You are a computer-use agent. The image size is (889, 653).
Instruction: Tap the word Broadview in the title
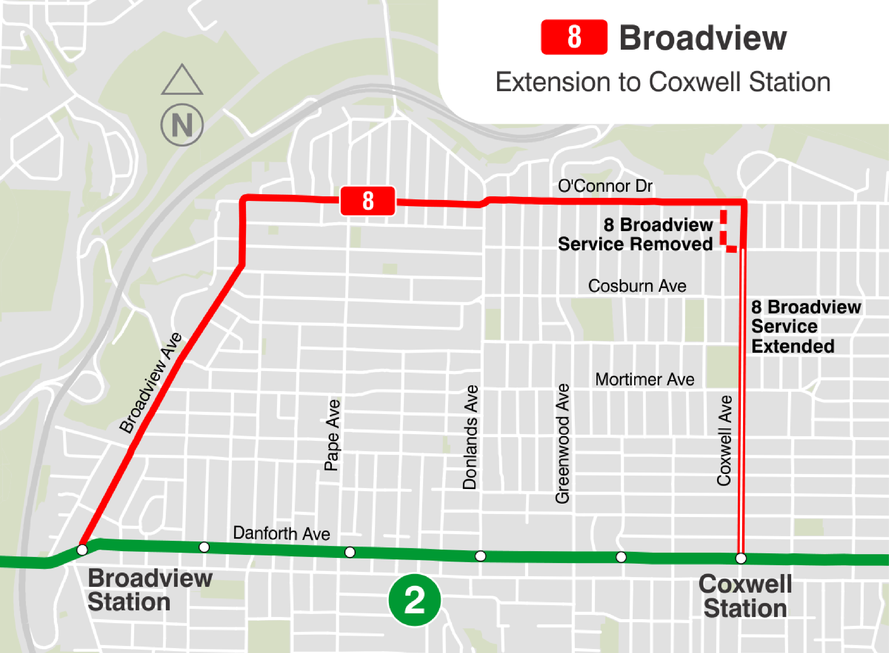point(702,38)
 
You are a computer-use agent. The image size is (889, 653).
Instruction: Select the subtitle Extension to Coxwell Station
point(663,82)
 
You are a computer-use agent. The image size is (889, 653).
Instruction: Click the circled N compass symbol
point(182,125)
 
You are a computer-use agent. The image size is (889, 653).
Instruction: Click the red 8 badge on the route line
point(368,201)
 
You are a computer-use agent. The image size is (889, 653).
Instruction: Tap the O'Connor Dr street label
point(605,186)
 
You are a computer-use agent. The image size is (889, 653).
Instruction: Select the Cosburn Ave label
point(637,286)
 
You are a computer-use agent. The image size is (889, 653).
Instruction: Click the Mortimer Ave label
point(645,380)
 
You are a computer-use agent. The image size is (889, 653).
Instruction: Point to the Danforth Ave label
point(281,533)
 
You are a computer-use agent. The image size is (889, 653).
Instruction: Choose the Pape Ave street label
point(332,435)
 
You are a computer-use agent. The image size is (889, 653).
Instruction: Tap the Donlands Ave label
point(470,437)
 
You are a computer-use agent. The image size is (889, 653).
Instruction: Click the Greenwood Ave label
point(562,444)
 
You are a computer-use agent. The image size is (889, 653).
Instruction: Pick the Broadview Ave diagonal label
point(151,383)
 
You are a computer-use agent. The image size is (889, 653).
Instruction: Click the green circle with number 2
point(414,600)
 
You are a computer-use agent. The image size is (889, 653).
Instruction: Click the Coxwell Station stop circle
point(741,558)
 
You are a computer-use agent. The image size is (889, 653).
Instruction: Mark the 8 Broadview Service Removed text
point(635,234)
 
